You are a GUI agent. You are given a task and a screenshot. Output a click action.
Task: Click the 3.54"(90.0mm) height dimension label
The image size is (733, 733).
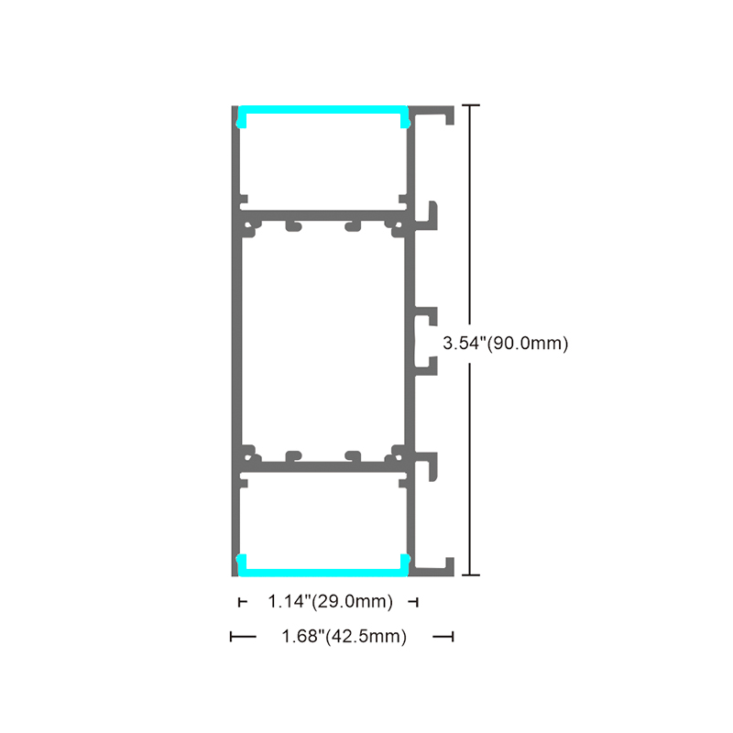[506, 343]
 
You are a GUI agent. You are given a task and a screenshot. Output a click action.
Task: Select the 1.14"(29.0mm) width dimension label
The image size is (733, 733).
[330, 601]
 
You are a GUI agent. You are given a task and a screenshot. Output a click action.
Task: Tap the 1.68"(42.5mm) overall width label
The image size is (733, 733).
[345, 636]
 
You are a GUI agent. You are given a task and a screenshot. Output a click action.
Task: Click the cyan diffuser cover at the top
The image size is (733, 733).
[323, 111]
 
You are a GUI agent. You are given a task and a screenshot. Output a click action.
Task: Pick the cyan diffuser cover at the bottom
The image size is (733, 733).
[323, 571]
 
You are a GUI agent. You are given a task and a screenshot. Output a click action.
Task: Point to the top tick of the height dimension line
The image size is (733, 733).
[470, 105]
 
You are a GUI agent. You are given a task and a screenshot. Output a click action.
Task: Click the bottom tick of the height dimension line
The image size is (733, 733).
[470, 574]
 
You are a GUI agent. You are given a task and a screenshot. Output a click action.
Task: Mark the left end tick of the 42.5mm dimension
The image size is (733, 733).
[231, 636]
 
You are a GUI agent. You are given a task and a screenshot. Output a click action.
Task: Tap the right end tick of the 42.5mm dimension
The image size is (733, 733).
[453, 636]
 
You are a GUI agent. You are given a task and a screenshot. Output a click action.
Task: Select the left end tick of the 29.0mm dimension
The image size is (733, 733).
[239, 602]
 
